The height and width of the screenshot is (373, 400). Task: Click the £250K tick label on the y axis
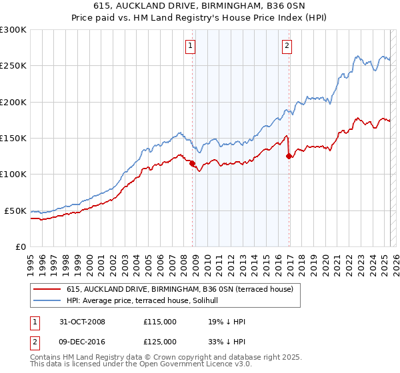[x=13, y=66]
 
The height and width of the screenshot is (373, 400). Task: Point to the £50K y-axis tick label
[x=15, y=210]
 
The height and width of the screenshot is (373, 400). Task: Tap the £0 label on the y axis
[x=21, y=246]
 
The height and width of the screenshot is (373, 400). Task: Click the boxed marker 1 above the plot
[x=191, y=46]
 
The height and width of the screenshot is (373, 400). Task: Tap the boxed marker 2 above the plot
[x=287, y=46]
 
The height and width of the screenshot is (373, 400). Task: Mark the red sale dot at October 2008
[x=193, y=163]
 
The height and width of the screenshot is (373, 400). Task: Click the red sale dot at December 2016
[x=289, y=156]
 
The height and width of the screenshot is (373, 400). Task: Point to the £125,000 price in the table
[x=160, y=341]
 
